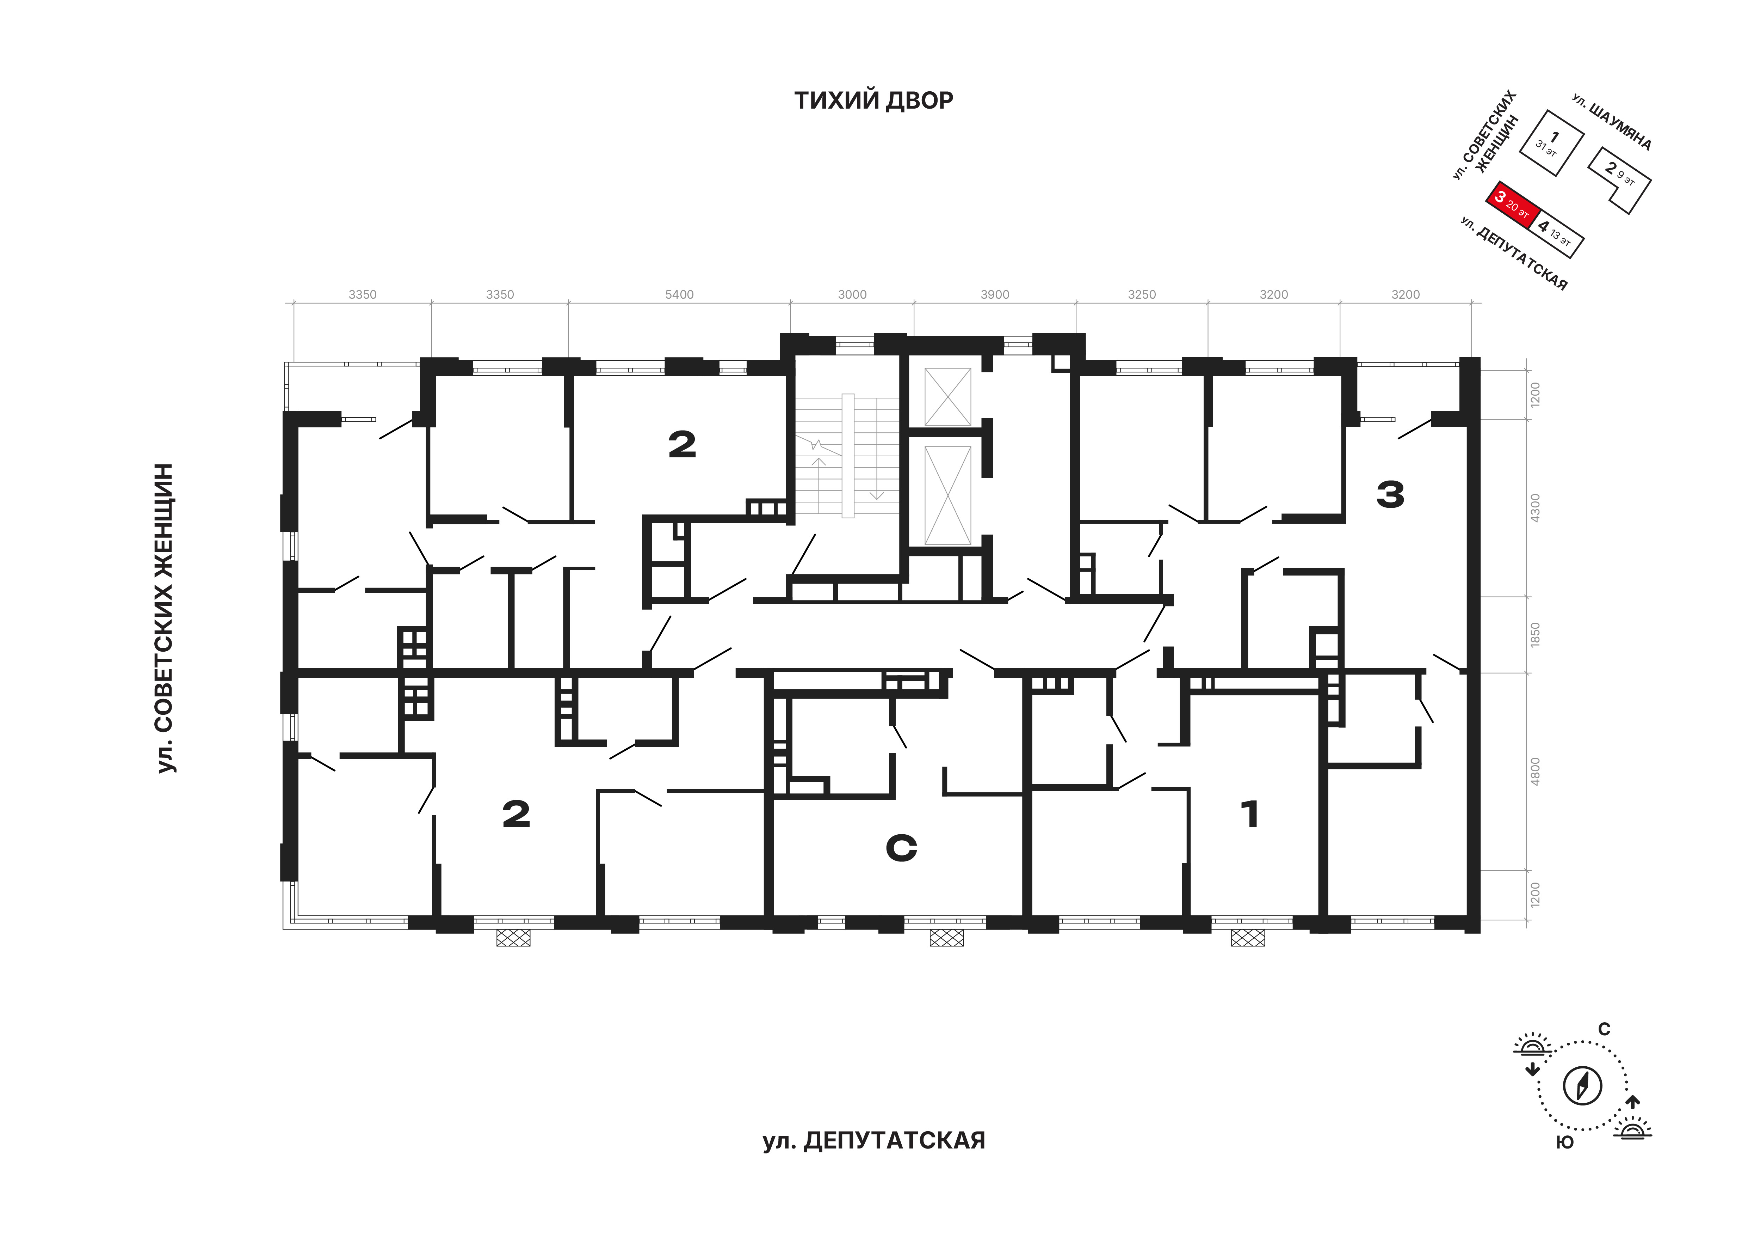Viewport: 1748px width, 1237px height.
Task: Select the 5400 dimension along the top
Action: coord(679,295)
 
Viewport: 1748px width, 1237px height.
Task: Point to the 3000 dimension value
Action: coord(852,295)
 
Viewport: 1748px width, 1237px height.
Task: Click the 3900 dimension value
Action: coord(994,295)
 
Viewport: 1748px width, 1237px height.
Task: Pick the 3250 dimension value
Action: coord(1141,295)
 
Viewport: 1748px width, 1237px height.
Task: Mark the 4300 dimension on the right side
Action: coord(1535,507)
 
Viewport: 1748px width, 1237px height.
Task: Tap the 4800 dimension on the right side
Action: coord(1535,772)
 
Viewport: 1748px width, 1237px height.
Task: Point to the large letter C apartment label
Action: coord(901,848)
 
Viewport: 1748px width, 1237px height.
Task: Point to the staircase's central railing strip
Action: coord(848,456)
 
